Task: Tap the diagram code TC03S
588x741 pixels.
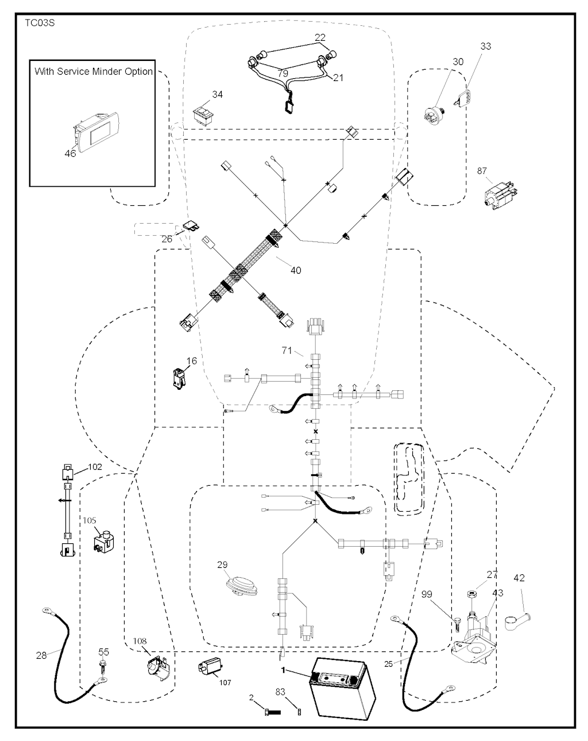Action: point(40,23)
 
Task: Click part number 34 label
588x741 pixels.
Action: point(217,94)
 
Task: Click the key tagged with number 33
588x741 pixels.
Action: point(464,98)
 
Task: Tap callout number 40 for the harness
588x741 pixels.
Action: point(296,270)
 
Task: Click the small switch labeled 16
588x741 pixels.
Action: point(180,379)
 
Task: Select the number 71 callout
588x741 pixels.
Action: point(287,351)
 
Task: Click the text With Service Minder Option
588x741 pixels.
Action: point(94,72)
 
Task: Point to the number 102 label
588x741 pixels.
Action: point(95,467)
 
